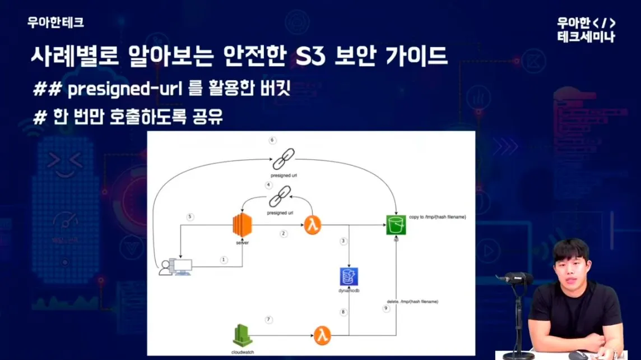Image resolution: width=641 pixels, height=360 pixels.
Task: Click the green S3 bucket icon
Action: tap(396, 225)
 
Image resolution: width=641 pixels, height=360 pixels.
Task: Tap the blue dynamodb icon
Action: tap(349, 276)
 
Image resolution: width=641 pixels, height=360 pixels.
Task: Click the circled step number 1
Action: tap(224, 260)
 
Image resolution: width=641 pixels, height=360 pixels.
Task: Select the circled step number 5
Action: tap(190, 217)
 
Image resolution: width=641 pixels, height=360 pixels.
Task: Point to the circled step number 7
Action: tap(268, 319)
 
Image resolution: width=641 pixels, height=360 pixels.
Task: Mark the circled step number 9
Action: tap(386, 308)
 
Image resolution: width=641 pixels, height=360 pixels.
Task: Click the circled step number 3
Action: tap(344, 241)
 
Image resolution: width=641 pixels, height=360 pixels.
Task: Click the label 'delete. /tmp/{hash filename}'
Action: tap(412, 302)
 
